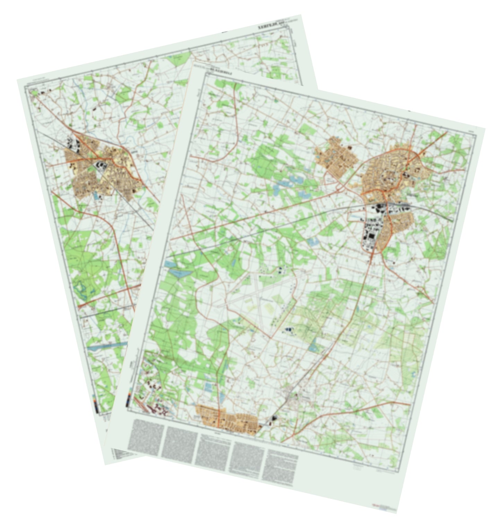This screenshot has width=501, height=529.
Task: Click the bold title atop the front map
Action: pyautogui.click(x=222, y=73)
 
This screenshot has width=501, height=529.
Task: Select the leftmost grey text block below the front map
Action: pyautogui.click(x=146, y=438)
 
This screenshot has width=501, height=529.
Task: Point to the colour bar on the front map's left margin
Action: pyautogui.click(x=129, y=399)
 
